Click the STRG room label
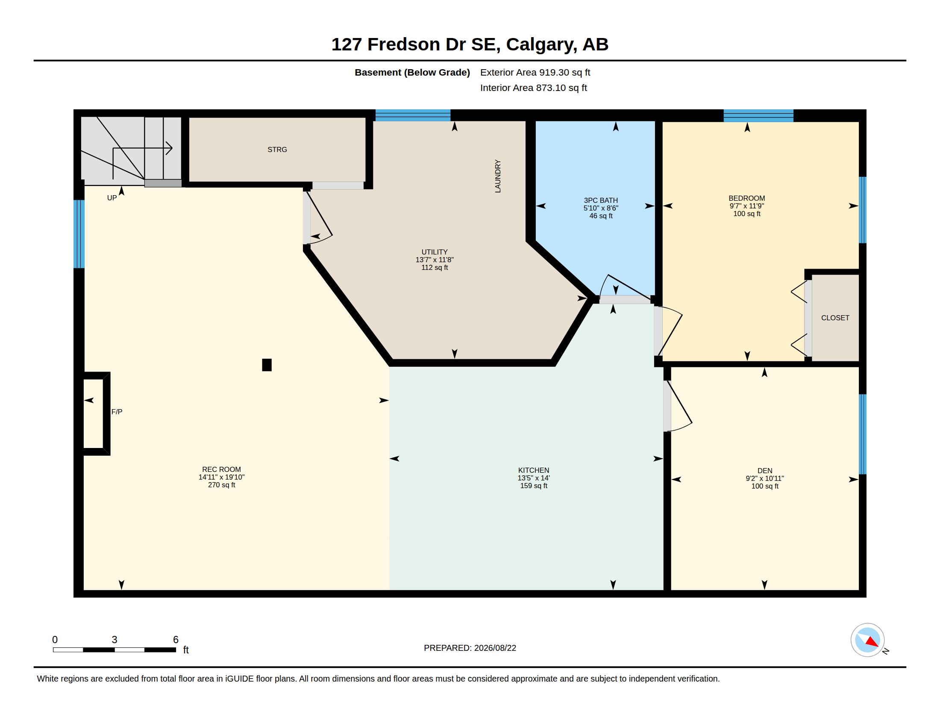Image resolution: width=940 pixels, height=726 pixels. click(x=277, y=149)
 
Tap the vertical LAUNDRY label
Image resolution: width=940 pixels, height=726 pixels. click(x=498, y=176)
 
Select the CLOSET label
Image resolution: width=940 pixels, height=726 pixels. click(x=835, y=318)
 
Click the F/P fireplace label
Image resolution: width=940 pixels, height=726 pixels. click(x=117, y=412)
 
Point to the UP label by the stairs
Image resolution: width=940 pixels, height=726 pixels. click(x=112, y=198)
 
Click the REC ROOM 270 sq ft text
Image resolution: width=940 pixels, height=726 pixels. click(x=222, y=485)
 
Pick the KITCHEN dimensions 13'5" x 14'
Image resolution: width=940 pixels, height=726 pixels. click(x=534, y=478)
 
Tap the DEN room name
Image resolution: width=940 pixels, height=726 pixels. click(x=765, y=471)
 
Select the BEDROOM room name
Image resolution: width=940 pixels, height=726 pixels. click(x=747, y=198)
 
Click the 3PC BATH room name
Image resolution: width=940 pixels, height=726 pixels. click(x=601, y=200)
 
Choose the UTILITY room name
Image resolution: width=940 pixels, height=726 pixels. click(x=434, y=252)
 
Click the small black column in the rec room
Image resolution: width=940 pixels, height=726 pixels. click(x=267, y=365)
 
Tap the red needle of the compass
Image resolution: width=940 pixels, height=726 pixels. click(x=872, y=642)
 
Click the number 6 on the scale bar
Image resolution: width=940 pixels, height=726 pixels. click(x=176, y=640)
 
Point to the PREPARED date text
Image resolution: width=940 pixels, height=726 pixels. click(x=470, y=648)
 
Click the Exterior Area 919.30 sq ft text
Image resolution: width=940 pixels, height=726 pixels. click(x=535, y=72)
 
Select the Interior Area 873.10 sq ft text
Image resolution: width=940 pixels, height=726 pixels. click(x=533, y=88)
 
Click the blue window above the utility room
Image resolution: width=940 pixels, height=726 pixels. click(x=413, y=115)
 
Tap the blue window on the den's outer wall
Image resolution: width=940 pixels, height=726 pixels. click(x=863, y=434)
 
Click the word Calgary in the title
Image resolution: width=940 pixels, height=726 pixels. click(x=541, y=44)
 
